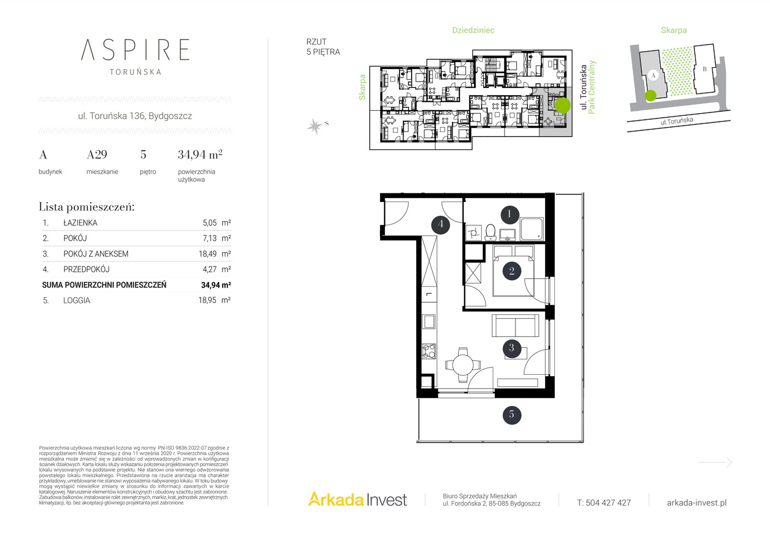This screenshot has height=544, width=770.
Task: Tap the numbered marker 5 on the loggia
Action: [x=512, y=415]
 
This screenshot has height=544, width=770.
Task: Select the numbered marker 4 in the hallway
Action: [x=441, y=225]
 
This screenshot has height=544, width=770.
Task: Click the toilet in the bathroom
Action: [x=490, y=232]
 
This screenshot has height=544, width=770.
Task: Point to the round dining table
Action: [x=463, y=365]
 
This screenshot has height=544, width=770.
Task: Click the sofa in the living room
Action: [x=516, y=325]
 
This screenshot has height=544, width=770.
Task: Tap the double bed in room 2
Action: [x=514, y=270]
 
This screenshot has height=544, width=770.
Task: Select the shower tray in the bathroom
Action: [x=532, y=229]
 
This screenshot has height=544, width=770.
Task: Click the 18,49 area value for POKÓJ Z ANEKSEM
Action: [x=207, y=254]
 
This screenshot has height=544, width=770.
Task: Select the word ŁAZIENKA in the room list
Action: [x=80, y=223]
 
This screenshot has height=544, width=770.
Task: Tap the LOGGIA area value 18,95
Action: [x=207, y=300]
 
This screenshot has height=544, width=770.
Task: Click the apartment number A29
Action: [x=97, y=155]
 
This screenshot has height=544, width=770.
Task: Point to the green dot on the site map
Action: [x=651, y=96]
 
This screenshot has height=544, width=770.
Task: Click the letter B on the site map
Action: [x=704, y=69]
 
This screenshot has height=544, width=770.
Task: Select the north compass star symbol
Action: [x=314, y=126]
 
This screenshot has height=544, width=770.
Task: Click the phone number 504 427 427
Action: [x=608, y=503]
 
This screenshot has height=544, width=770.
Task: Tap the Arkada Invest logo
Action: [x=357, y=499]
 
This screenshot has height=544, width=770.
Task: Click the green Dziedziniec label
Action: [x=473, y=30]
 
